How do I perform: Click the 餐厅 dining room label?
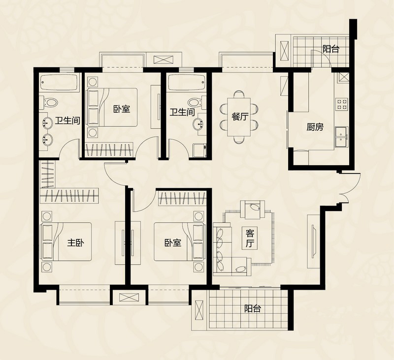240,117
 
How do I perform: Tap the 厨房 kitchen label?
315,127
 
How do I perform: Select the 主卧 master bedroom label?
75,242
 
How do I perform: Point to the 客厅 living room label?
250,239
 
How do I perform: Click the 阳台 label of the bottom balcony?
253,308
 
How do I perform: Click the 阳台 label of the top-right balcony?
331,49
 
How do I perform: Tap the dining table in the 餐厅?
239,117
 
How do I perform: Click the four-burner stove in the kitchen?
341,104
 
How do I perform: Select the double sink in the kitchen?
342,137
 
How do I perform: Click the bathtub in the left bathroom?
59,82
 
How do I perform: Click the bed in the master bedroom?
66,242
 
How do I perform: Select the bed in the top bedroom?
112,107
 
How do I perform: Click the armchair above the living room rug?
253,209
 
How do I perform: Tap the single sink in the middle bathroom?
200,123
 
